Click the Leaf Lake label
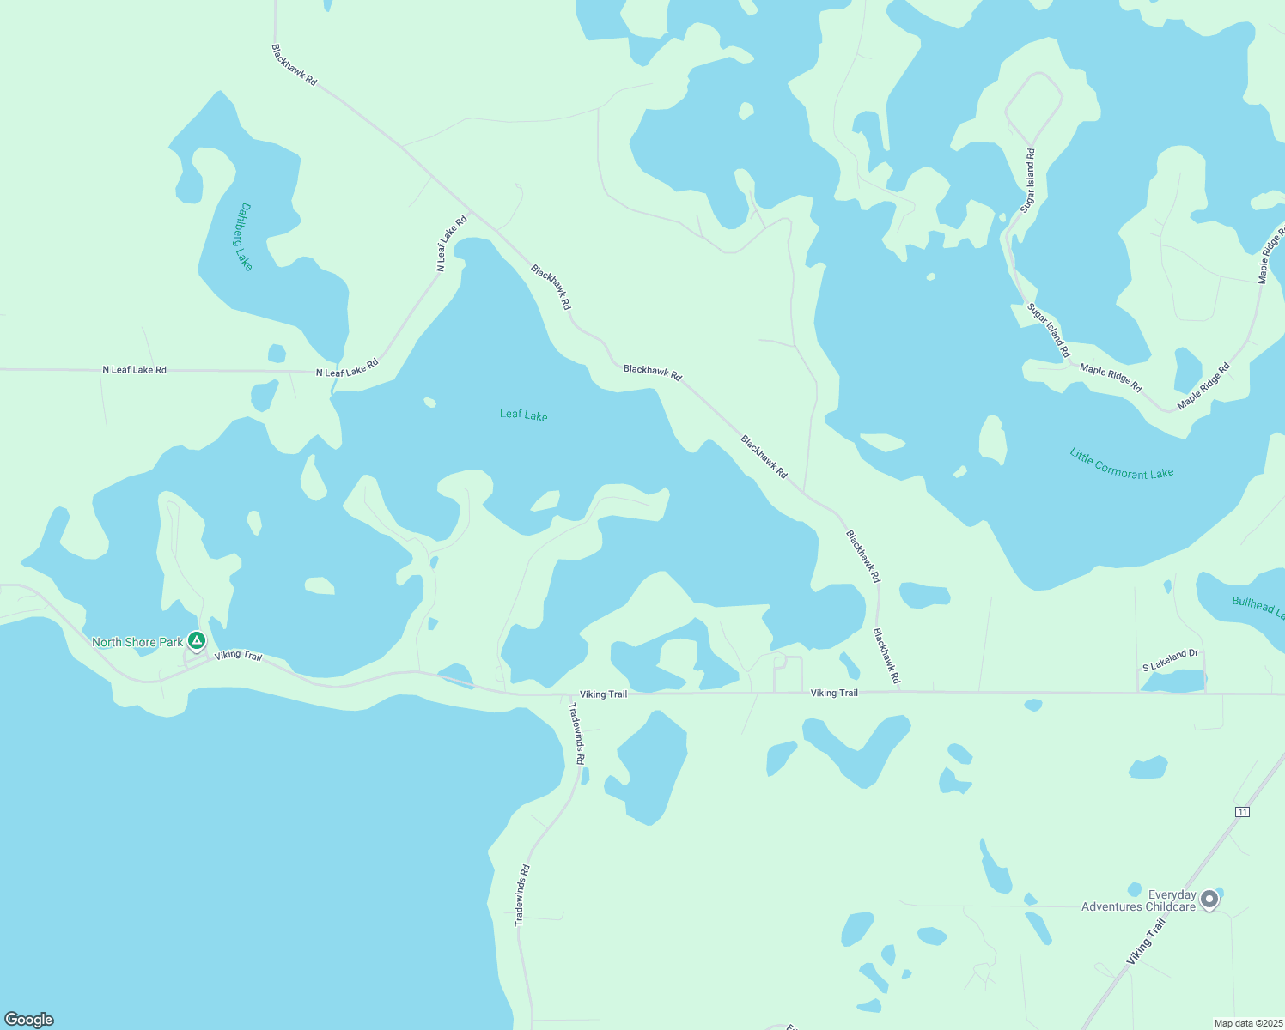click(x=523, y=415)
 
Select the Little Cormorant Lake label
click(x=1121, y=463)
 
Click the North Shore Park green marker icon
click(x=197, y=640)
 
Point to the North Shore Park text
click(x=137, y=642)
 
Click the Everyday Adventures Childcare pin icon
click(x=1209, y=900)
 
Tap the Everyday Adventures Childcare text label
click(x=1138, y=900)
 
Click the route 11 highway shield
click(x=1241, y=812)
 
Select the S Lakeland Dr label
click(x=1170, y=660)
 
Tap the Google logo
click(x=29, y=1020)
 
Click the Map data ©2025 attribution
click(x=1246, y=1023)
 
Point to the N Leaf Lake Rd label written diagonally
click(x=451, y=244)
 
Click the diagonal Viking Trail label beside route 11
click(x=1146, y=941)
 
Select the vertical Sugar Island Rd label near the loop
click(x=1028, y=180)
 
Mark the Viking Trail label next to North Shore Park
click(x=238, y=656)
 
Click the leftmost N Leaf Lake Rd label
click(x=135, y=370)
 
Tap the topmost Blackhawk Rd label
click(x=294, y=65)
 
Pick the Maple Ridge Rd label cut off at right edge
click(x=1270, y=256)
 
